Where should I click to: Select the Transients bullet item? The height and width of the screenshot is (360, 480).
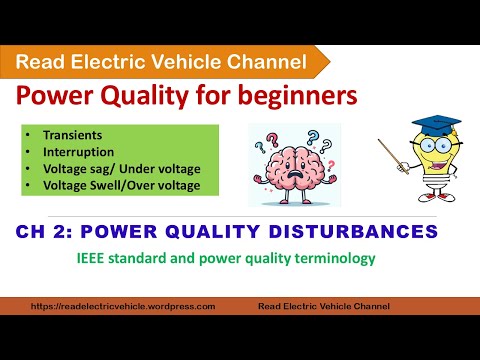click(x=66, y=134)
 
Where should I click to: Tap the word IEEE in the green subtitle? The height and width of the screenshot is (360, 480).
click(x=91, y=258)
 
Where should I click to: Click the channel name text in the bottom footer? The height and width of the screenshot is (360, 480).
click(x=323, y=306)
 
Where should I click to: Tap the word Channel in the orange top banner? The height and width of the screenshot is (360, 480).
click(x=265, y=62)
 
